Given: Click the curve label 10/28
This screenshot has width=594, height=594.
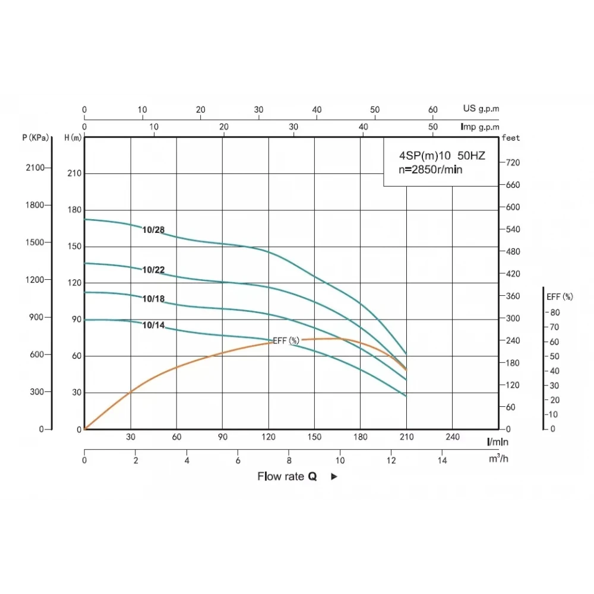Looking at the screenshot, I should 153,230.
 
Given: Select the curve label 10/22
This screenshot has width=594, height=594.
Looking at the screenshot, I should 153,270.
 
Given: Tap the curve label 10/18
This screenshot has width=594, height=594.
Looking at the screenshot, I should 153,299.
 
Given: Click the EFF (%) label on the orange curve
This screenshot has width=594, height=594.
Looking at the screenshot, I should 286,340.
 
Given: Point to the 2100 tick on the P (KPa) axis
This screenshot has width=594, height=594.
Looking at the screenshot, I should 35,168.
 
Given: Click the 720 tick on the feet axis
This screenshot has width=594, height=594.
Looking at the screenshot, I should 512,162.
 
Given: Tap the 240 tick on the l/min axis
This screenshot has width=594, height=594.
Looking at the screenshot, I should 453,437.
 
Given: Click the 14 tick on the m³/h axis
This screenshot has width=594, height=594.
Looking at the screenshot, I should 442,460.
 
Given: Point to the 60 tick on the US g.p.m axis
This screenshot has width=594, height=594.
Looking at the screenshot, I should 433,110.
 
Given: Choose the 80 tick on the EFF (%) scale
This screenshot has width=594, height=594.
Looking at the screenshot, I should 554,312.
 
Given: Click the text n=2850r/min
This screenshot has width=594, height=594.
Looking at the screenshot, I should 431,170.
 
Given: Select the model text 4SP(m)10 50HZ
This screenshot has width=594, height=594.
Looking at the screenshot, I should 441,156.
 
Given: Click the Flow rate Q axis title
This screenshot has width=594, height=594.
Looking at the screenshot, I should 287,476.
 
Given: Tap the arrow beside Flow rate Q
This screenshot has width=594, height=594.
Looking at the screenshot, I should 334,476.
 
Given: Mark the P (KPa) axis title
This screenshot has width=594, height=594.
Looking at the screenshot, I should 36,138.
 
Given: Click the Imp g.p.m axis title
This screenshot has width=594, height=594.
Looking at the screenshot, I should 480,127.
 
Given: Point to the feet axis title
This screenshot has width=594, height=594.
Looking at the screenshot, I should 511,138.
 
